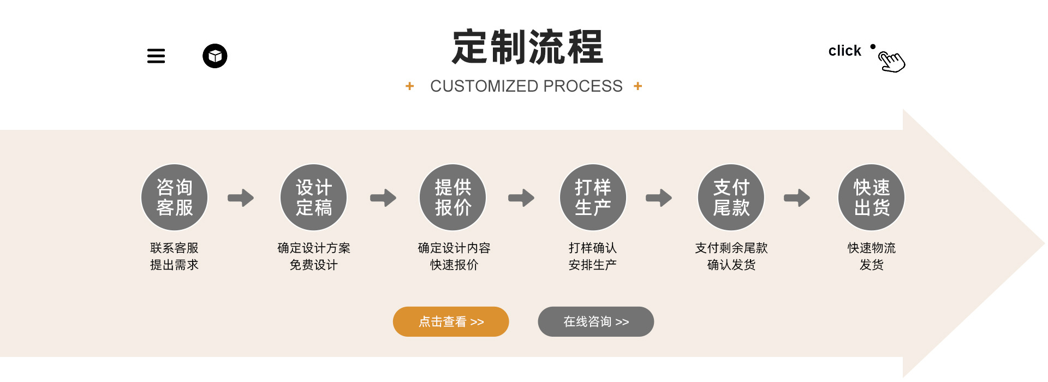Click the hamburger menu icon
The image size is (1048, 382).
156,56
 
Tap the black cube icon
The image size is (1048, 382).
215,56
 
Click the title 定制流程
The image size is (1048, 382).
527,47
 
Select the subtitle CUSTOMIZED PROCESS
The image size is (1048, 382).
526,86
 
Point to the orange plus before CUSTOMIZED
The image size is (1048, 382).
410,86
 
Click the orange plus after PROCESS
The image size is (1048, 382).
638,86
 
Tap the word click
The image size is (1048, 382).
844,51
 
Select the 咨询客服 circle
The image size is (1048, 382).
175,198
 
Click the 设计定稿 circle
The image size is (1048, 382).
314,198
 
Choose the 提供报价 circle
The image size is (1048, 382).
453,198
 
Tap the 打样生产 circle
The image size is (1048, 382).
593,198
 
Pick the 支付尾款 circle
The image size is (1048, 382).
731,198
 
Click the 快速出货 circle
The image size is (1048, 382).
872,198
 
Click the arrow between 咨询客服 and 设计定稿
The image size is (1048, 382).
241,198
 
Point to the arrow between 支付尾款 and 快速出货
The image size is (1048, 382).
797,198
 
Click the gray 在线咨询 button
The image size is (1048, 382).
596,322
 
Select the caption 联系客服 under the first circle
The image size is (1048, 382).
175,248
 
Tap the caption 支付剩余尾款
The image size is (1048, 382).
731,248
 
